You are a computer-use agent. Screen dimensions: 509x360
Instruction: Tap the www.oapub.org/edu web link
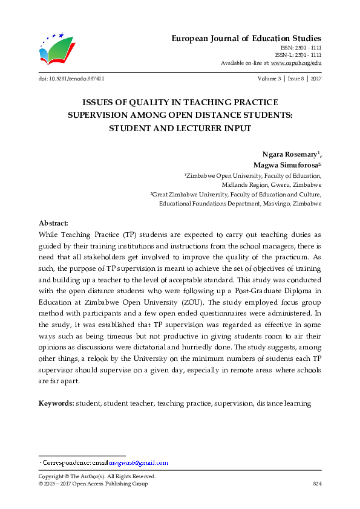click(x=296, y=62)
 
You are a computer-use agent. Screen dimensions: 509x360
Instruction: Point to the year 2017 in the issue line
click(x=315, y=79)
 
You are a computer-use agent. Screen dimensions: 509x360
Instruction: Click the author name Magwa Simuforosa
click(x=284, y=164)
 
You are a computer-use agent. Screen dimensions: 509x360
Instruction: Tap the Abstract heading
click(x=53, y=223)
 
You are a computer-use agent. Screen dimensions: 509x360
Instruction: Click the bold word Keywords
click(x=56, y=403)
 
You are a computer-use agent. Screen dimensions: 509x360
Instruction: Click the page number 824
click(x=316, y=484)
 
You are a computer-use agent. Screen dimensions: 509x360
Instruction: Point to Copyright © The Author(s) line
click(x=97, y=476)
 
